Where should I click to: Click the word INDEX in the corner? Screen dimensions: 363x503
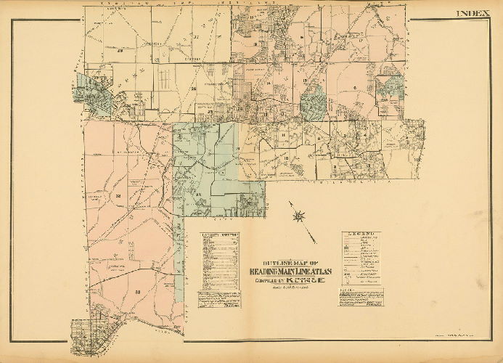point(473,13)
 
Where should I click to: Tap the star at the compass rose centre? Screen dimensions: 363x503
point(298,216)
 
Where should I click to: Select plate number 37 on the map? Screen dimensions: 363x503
point(196,35)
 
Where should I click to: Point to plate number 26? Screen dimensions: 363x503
point(194,89)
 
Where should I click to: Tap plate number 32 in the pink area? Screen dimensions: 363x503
point(117,196)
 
